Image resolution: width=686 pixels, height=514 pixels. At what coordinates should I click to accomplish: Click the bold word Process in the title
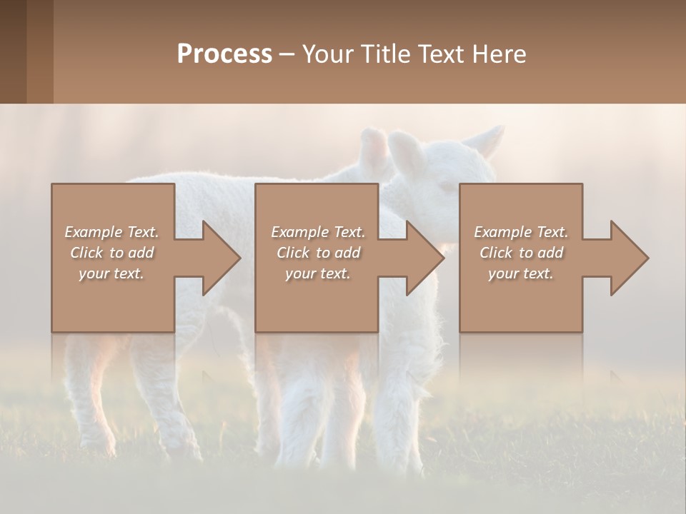(x=224, y=54)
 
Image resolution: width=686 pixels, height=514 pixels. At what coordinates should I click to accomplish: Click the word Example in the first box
(x=93, y=232)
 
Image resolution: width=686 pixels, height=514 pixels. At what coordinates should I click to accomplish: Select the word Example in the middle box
(x=299, y=232)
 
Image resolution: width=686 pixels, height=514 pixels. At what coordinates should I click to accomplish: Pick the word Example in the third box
(x=502, y=232)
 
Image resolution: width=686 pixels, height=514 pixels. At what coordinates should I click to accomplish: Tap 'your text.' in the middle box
(x=317, y=273)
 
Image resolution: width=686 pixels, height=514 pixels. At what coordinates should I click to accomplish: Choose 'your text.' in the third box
(x=520, y=273)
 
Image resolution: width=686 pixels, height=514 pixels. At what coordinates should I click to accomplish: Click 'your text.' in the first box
(x=111, y=273)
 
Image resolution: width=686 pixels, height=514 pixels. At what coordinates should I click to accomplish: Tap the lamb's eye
(x=444, y=186)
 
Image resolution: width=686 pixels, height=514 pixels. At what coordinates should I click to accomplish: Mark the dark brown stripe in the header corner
(x=13, y=51)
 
